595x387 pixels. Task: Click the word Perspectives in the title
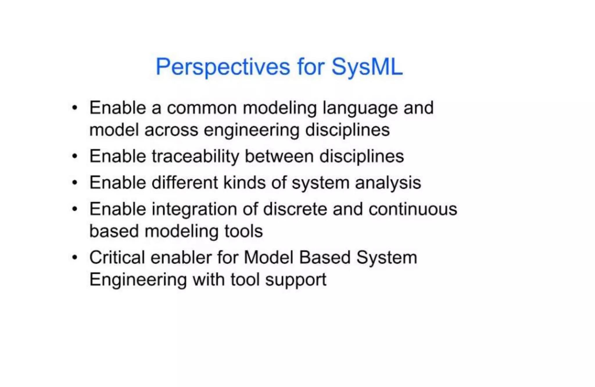223,67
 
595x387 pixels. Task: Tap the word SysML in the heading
367,67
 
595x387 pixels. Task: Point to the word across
171,130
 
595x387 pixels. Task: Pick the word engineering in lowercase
251,130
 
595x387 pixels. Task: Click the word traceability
195,156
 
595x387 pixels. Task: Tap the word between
279,156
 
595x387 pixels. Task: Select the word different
184,183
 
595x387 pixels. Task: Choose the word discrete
295,209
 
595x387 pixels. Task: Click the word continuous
413,209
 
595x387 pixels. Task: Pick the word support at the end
296,280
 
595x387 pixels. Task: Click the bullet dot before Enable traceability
75,156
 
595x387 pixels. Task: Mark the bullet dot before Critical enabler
75,258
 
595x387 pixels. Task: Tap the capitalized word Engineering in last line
138,280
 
